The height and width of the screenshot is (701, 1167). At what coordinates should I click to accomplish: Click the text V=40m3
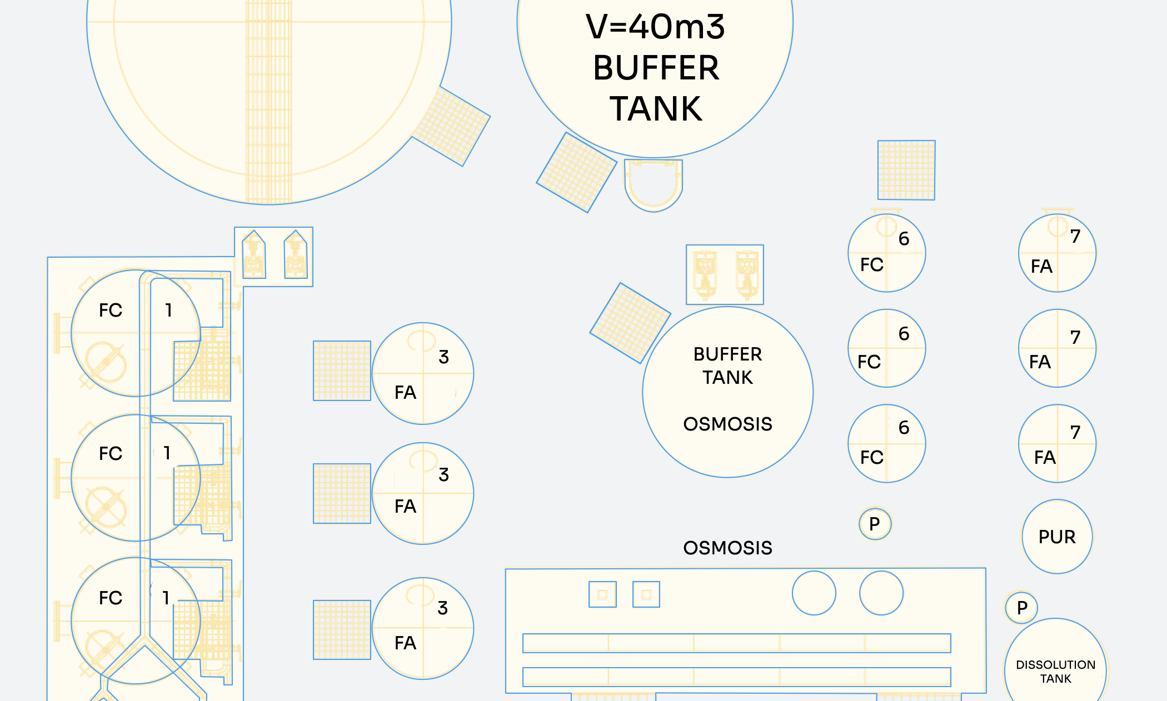coord(655,27)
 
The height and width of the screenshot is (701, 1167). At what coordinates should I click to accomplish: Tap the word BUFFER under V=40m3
coord(656,68)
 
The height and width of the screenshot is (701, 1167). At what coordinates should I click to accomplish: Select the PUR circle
coord(1057,537)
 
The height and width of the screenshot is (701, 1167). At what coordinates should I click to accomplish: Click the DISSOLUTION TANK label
coord(1055,672)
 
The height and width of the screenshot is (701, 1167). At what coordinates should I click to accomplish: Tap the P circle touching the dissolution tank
coord(1021,608)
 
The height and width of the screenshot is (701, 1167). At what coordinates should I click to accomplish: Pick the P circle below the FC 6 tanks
coord(875,524)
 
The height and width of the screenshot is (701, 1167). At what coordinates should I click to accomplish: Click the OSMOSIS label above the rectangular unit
coord(727,548)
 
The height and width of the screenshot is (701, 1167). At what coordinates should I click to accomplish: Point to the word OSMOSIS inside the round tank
coord(727,424)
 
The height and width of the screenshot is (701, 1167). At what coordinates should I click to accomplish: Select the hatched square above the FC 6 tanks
coord(906,170)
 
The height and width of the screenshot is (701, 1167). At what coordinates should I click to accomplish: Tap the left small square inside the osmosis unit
coord(602,594)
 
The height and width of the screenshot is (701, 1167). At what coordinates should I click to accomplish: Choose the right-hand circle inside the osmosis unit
coord(881,593)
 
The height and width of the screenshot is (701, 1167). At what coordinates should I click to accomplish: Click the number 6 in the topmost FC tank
coord(904,239)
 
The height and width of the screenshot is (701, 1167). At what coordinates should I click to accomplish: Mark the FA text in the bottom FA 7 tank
coord(1045,457)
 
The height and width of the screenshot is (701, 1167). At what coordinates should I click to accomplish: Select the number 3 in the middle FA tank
coord(443,474)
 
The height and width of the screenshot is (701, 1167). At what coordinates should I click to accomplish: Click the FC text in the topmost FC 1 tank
coord(111,310)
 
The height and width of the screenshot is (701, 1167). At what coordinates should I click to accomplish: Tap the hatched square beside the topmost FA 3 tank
coord(342,370)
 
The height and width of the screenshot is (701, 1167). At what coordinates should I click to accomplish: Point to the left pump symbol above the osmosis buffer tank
coord(705,274)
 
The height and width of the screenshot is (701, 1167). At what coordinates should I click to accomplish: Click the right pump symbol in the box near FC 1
coord(296,254)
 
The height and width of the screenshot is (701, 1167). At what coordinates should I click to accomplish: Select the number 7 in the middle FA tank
coord(1075,337)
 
